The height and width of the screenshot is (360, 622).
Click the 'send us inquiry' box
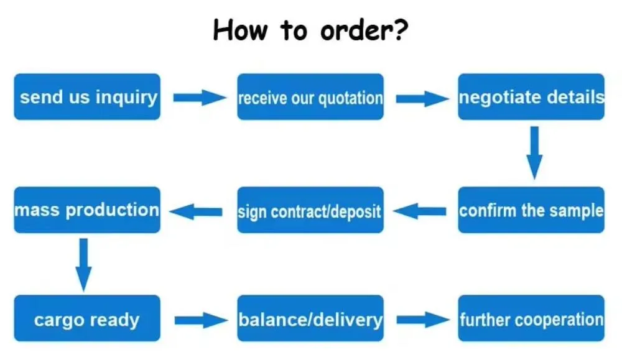(x=87, y=97)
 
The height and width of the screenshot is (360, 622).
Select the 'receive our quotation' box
(x=310, y=97)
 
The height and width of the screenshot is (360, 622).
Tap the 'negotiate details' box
(x=531, y=97)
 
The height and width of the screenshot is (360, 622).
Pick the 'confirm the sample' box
(x=531, y=210)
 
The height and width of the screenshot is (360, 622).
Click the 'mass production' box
(x=87, y=210)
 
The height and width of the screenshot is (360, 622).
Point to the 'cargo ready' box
(x=87, y=320)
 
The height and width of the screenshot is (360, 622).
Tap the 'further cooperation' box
(x=531, y=320)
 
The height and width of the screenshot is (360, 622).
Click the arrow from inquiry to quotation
(x=199, y=98)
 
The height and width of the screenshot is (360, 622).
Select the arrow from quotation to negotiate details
(x=421, y=98)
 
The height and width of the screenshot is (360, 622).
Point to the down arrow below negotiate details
(x=534, y=152)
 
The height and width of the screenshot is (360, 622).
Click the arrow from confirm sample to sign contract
(x=420, y=211)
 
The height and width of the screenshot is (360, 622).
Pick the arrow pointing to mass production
(x=197, y=211)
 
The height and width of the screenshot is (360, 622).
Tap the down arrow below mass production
(x=85, y=264)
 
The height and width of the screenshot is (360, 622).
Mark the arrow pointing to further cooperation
(x=422, y=321)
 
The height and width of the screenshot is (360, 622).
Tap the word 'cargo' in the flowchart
(x=61, y=321)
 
